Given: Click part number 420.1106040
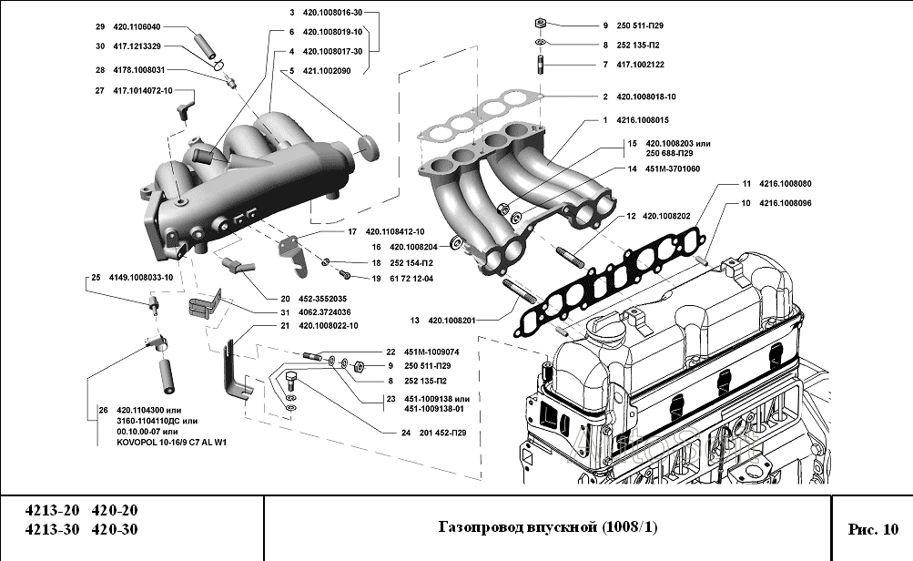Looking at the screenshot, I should coord(137,26).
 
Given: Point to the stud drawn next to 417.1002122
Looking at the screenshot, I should coord(539,66).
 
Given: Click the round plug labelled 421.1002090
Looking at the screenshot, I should coord(369,146).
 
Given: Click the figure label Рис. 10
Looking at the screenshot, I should coord(872,528).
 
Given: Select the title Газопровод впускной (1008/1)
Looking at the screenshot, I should coord(547,527).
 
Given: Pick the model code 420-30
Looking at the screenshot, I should coord(115,530).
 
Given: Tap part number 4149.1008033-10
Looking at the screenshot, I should coord(140,276).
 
